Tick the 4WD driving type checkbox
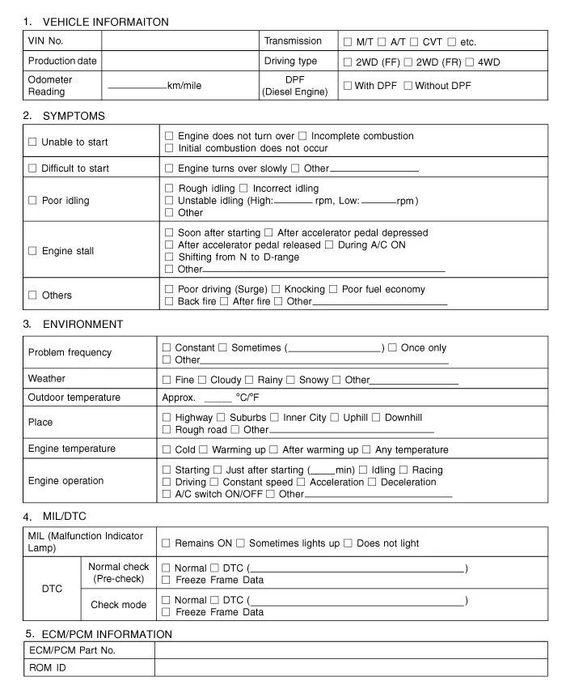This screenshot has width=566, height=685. coord(471,62)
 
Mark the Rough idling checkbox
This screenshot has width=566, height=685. coord(168,189)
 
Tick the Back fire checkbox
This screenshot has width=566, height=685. coord(168,302)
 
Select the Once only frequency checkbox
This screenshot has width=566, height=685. coord(392,348)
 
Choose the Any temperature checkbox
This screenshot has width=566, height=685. coord(366,449)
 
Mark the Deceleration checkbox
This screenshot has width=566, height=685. coord(371,482)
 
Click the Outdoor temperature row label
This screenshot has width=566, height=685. coord(74,398)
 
